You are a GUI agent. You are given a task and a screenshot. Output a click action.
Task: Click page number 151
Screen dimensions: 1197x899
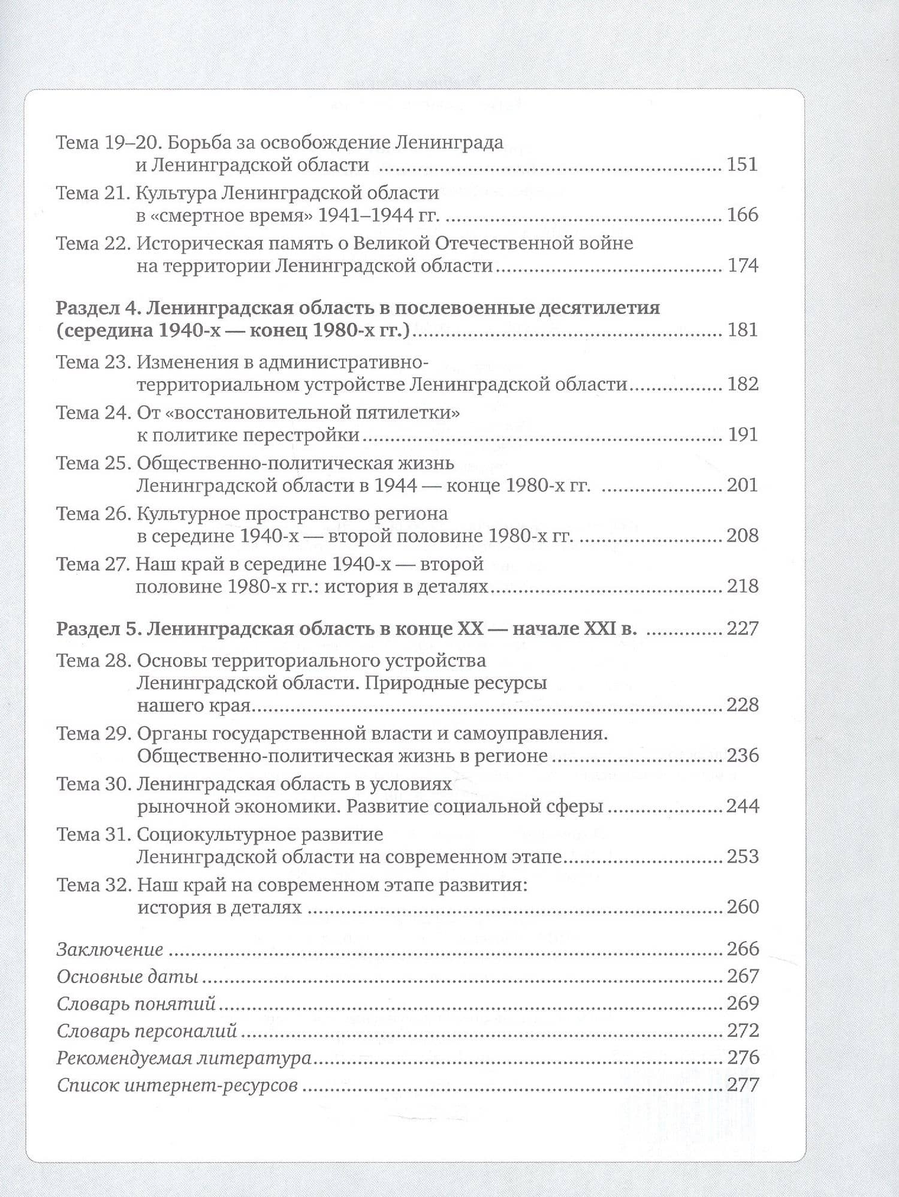(x=742, y=164)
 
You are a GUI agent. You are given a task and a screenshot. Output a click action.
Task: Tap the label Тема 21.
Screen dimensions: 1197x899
(x=92, y=193)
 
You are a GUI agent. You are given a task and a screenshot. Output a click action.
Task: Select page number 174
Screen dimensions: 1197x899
(x=743, y=265)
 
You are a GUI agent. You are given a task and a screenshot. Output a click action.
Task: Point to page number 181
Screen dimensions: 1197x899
(x=742, y=330)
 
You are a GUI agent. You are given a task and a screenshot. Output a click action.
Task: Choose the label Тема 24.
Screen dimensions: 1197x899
(x=93, y=413)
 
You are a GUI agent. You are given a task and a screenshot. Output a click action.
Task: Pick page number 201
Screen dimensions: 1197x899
(x=742, y=484)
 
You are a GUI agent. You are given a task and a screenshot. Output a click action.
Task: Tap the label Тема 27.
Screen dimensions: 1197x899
(x=93, y=565)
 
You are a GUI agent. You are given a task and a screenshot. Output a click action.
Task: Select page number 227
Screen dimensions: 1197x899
(x=743, y=629)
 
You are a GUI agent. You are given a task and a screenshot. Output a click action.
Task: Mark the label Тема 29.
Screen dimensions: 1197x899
(x=93, y=734)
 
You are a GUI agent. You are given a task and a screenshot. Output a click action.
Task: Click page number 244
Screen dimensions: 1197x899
(x=743, y=806)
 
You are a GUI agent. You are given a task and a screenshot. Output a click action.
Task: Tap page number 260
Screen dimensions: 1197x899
(x=743, y=906)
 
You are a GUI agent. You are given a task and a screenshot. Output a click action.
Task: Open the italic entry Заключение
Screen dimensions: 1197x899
(x=110, y=949)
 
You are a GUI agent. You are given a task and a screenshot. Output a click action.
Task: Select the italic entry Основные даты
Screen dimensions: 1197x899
(x=127, y=976)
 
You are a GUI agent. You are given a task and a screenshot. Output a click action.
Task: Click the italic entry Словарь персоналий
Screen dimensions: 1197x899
(x=147, y=1031)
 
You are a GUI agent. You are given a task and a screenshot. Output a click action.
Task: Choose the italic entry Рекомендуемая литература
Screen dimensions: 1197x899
(x=183, y=1058)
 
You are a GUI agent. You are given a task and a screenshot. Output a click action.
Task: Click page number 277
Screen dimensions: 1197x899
(x=743, y=1085)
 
